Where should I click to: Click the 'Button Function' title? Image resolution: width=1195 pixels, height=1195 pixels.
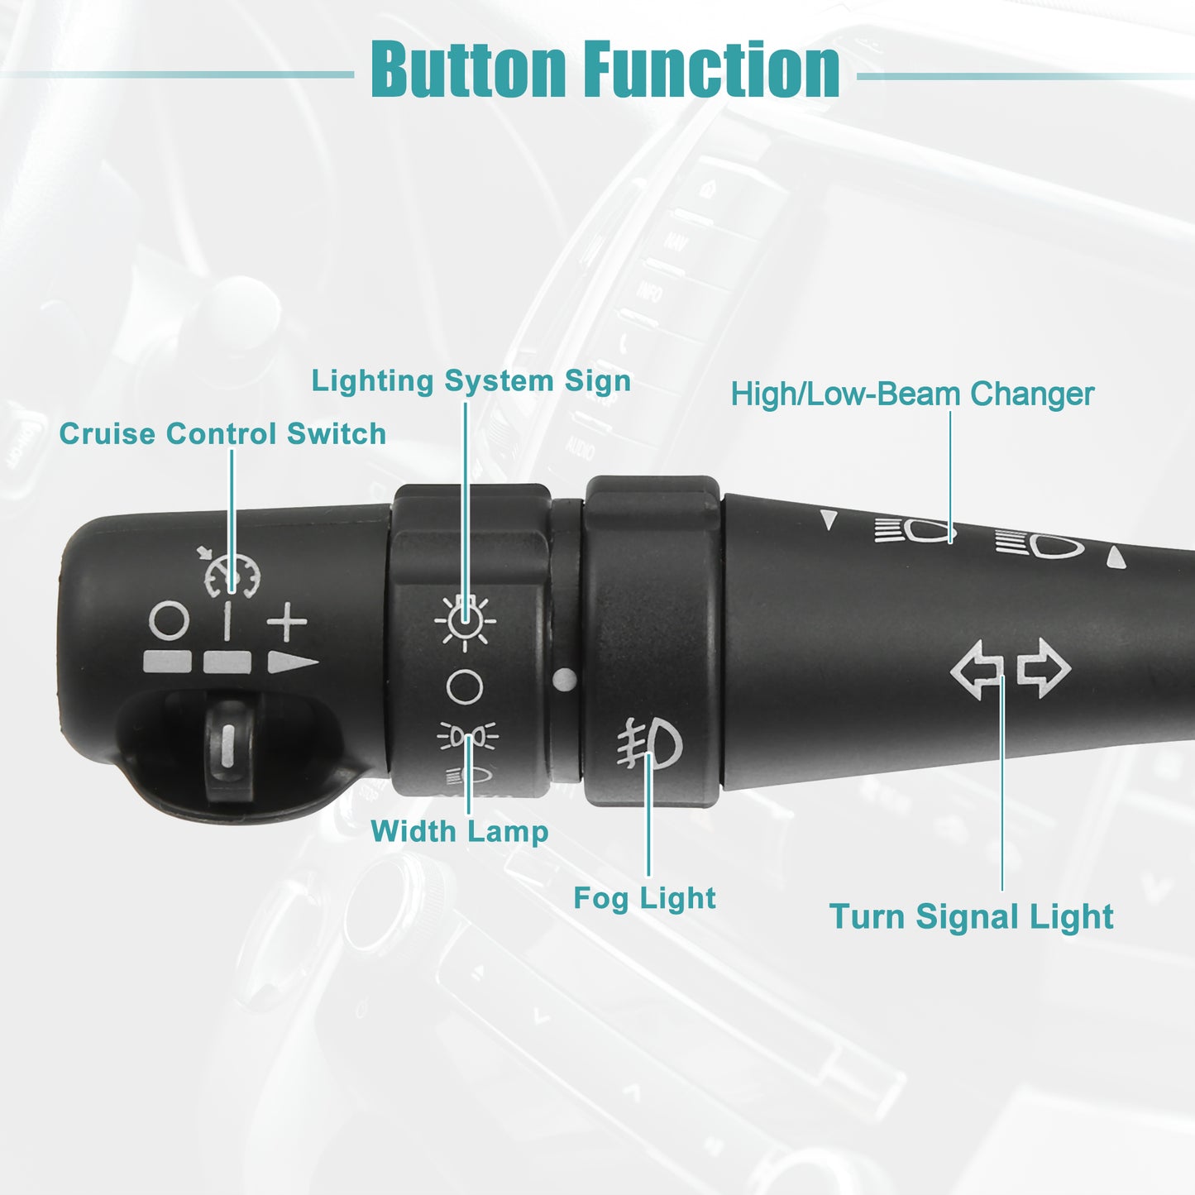605,69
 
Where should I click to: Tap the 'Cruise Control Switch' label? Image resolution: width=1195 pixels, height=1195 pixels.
222,433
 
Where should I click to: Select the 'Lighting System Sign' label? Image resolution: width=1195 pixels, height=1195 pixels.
471,380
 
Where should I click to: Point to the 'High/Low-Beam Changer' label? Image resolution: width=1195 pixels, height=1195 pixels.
912,394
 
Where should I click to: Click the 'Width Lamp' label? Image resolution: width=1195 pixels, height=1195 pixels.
460,831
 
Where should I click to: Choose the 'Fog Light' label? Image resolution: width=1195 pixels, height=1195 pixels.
644,898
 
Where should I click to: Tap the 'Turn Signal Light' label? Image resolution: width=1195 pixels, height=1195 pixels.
971,916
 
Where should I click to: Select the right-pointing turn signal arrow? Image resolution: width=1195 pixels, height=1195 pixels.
1044,668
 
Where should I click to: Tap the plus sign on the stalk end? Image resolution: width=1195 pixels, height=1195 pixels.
286,621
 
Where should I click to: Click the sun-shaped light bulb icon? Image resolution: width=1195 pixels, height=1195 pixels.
465,621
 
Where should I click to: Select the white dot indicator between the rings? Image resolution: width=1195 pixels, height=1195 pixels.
564,680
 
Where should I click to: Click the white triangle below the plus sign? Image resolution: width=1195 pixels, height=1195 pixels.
292,662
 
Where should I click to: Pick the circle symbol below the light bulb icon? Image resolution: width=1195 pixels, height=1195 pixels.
465,687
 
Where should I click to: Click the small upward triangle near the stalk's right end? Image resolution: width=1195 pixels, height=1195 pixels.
1116,557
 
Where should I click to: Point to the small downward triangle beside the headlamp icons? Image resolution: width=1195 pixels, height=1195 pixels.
828,519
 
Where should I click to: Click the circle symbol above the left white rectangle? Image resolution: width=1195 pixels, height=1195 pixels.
170,619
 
